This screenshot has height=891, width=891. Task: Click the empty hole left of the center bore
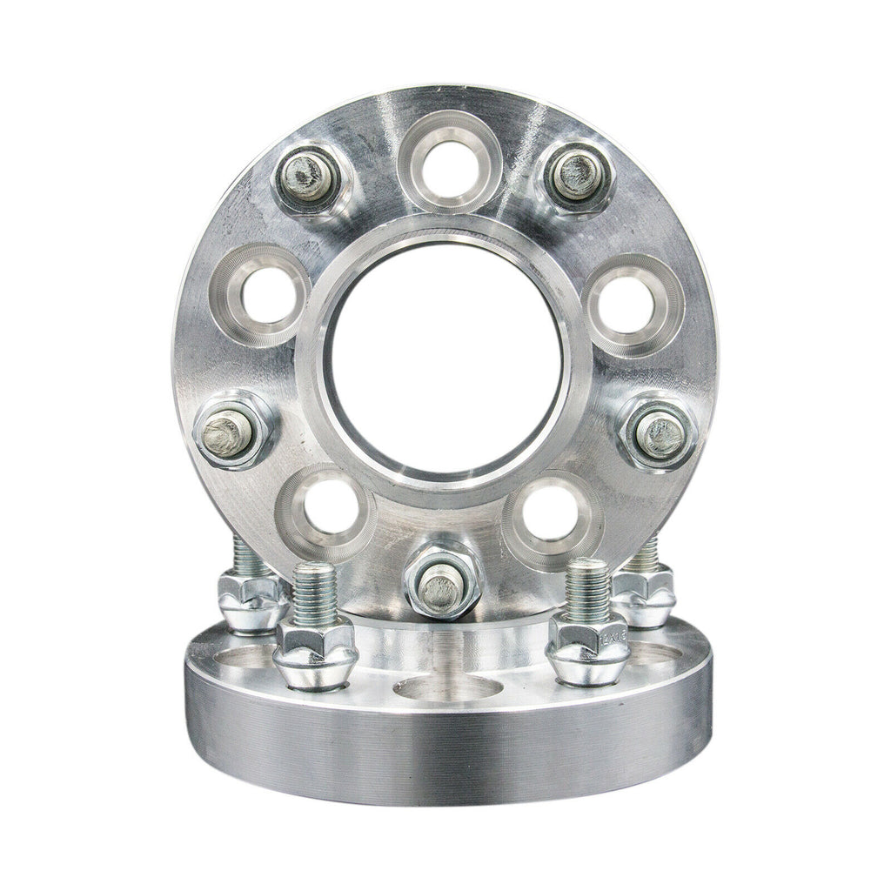(x=260, y=296)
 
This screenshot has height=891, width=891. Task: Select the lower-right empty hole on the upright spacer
(x=552, y=512)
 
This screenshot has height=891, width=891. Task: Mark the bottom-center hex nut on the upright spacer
(x=442, y=581)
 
